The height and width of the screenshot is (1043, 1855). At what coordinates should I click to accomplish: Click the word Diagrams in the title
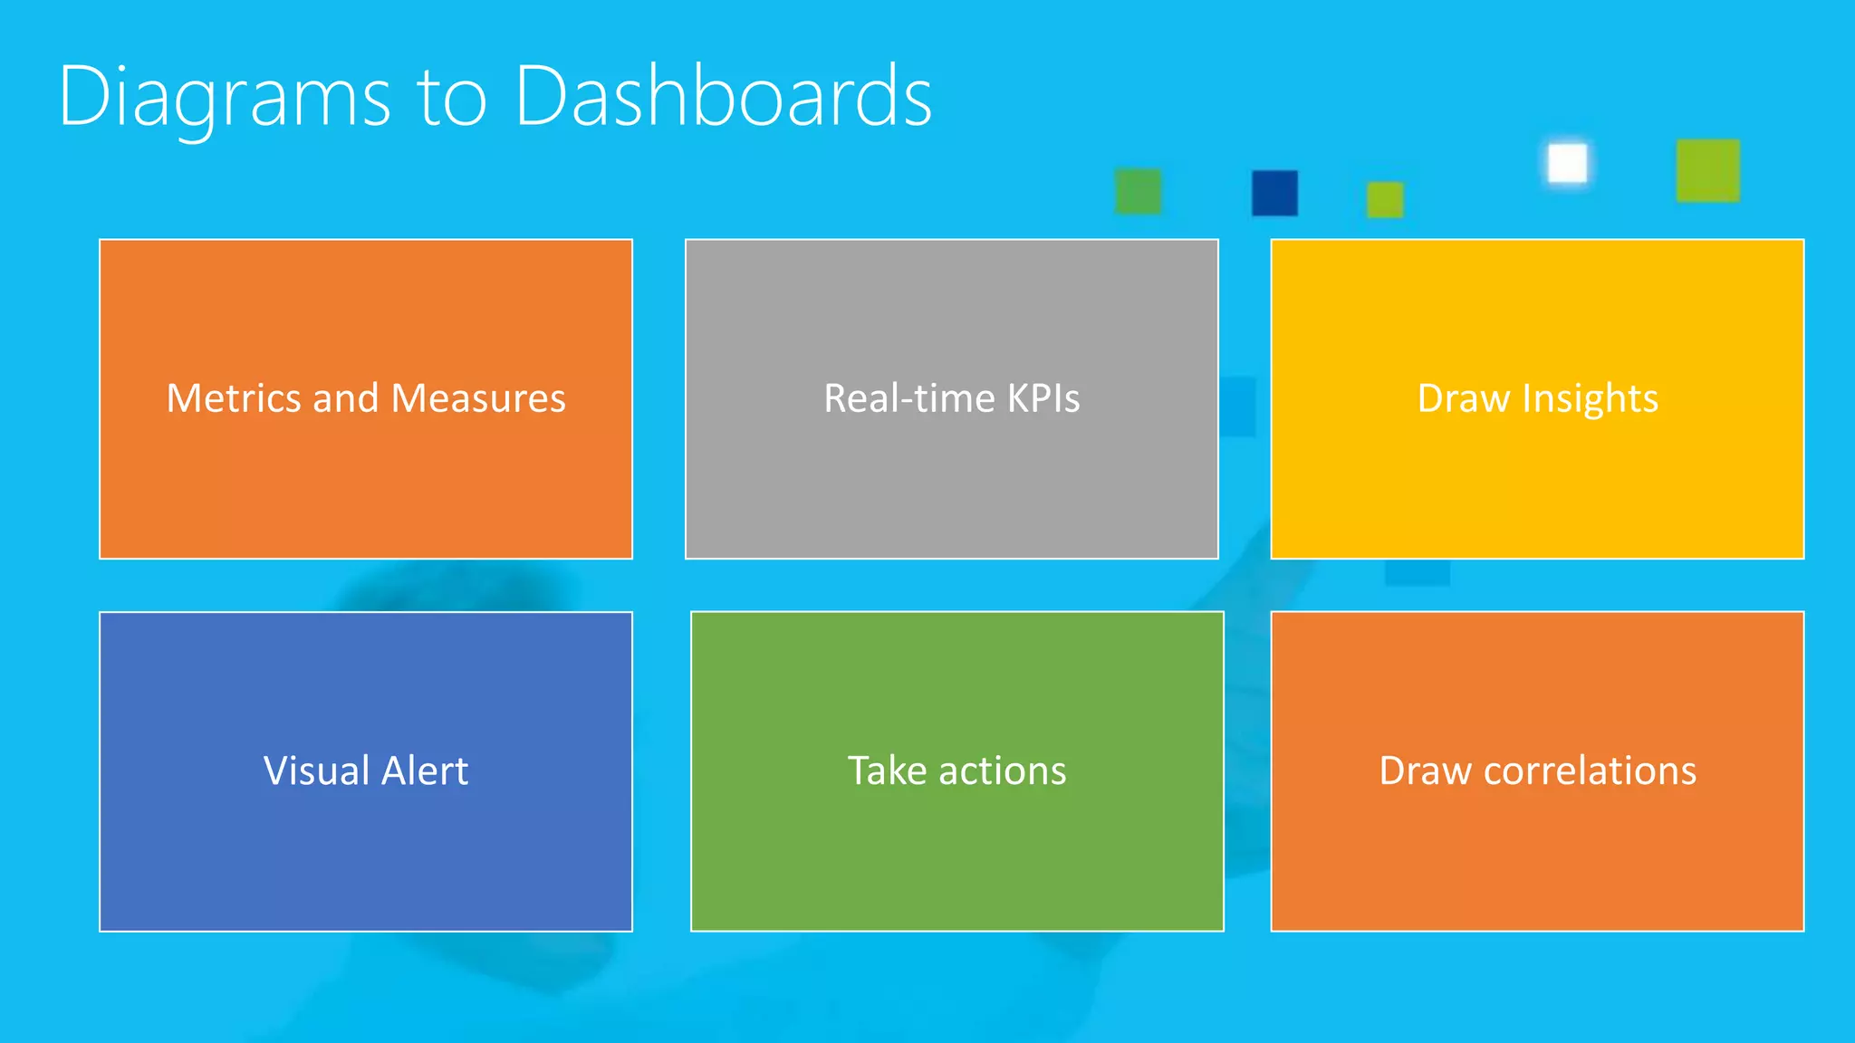[224, 97]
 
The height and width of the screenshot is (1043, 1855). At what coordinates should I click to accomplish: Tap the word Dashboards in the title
[723, 97]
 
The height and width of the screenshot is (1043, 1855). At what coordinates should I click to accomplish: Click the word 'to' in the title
[451, 100]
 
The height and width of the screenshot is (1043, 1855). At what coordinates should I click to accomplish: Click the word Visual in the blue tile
[316, 771]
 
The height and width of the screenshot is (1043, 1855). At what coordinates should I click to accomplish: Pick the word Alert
[425, 771]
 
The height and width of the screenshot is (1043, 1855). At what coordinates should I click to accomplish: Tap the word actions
[1003, 771]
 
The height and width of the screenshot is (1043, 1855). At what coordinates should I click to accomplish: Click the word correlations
[1590, 771]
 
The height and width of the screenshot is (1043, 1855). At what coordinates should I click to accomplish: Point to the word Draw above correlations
[1426, 771]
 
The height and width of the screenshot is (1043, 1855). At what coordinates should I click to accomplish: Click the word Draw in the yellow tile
[1464, 398]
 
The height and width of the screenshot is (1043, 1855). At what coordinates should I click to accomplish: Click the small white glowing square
[1567, 164]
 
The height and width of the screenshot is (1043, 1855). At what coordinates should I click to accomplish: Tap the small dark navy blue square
[1274, 193]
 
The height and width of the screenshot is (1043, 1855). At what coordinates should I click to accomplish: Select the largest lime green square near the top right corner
[1707, 170]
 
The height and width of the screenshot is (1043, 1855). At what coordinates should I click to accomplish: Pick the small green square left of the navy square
[1138, 191]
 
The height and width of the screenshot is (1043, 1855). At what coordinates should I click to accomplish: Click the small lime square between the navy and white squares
[1384, 199]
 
